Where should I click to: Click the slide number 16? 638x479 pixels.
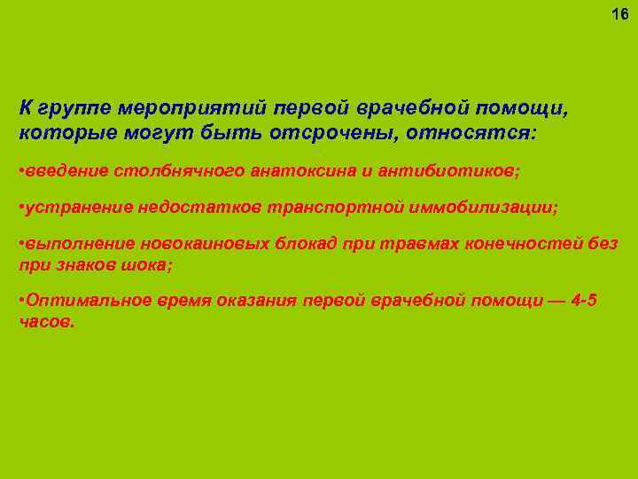click(x=619, y=15)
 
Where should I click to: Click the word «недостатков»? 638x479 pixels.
click(x=188, y=207)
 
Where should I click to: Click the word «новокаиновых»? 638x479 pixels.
click(x=181, y=244)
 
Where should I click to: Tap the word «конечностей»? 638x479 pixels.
click(x=526, y=244)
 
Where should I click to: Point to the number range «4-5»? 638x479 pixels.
click(x=583, y=302)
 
